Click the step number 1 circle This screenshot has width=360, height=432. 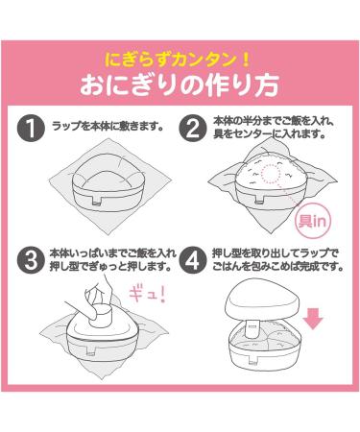click(x=31, y=128)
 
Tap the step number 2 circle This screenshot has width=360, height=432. click(x=192, y=128)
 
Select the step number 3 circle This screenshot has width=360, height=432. click(x=31, y=260)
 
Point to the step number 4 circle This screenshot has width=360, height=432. click(x=192, y=260)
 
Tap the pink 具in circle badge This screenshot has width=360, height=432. click(x=311, y=221)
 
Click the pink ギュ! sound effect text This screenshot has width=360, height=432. click(x=148, y=295)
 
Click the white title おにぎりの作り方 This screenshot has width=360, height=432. click(x=180, y=85)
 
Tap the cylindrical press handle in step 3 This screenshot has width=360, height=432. click(x=102, y=317)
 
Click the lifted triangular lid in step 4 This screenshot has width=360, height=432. click(x=263, y=300)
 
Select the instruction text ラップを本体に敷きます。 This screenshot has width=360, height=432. click(x=108, y=126)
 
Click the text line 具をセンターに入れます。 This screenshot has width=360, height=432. click(x=269, y=135)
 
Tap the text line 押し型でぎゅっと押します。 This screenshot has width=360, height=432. click(x=109, y=267)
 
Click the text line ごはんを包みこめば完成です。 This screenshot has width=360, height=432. click(x=277, y=267)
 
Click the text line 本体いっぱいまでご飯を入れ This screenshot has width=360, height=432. click(x=112, y=253)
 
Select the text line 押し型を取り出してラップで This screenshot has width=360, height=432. click(x=276, y=253)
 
